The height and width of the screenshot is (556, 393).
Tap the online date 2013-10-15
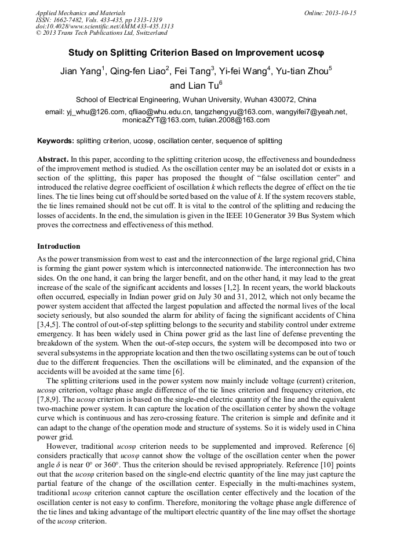click(343, 12)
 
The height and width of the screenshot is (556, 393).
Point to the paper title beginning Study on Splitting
click(196, 52)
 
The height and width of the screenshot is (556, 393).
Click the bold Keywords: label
click(56, 141)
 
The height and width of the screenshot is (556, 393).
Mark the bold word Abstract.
click(52, 159)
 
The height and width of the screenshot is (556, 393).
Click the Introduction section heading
click(59, 246)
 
